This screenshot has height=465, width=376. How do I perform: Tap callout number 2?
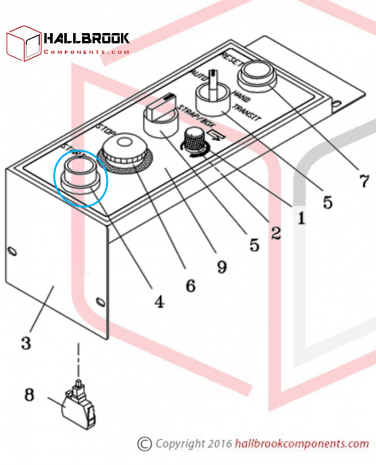275,232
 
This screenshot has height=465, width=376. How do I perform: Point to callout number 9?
221,267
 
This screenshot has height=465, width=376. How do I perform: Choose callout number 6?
190,284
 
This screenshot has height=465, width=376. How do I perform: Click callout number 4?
159,302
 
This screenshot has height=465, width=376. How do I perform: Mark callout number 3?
26,343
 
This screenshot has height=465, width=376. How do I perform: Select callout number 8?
29,395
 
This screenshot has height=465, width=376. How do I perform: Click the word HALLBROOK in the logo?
86,38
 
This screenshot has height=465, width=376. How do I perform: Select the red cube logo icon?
23,43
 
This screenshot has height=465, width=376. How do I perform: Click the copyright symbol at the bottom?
144,443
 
